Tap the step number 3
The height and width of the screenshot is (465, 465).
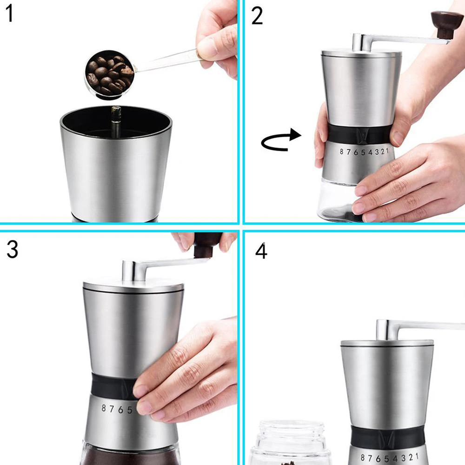[12, 250]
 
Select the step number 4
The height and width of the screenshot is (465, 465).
[261, 251]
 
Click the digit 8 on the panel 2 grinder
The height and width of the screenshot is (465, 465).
[342, 152]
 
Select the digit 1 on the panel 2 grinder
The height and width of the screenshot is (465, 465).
[387, 151]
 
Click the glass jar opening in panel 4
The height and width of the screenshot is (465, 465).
[291, 425]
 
